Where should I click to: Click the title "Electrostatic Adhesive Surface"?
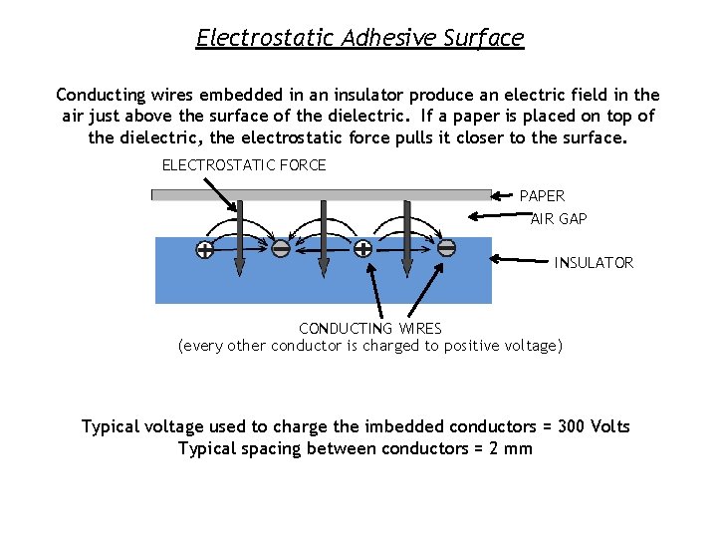click(x=358, y=38)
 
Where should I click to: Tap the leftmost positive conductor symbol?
click(x=204, y=249)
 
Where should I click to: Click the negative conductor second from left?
click(x=281, y=249)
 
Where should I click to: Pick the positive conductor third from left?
click(x=363, y=249)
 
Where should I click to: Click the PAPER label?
click(x=542, y=196)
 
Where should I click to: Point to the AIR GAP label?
click(x=559, y=218)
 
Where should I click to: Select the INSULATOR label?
click(x=594, y=263)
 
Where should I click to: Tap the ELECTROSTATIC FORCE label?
click(x=244, y=164)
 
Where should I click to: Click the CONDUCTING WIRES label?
click(x=370, y=328)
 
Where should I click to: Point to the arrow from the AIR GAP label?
click(x=498, y=216)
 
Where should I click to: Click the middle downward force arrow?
click(x=323, y=237)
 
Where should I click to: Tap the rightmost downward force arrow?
click(x=406, y=237)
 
